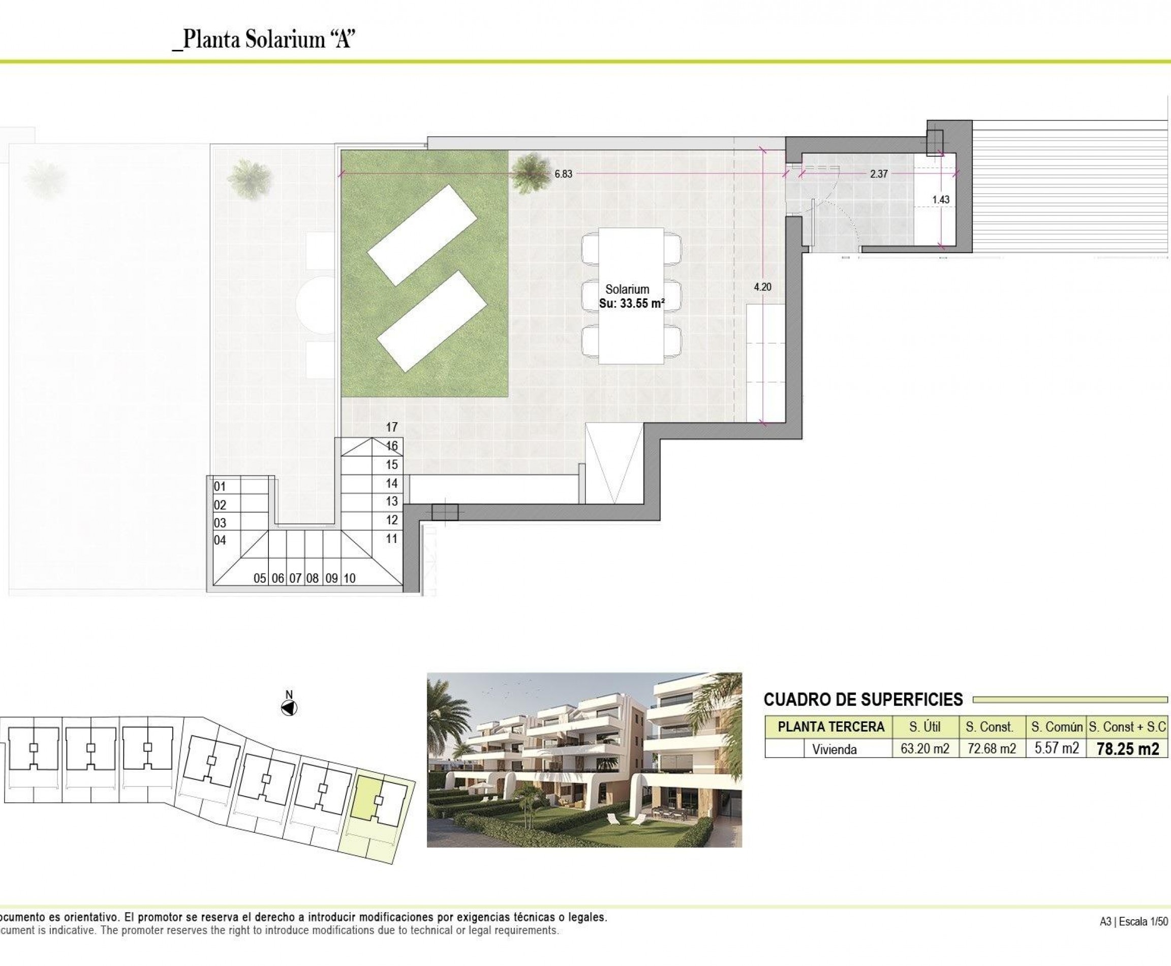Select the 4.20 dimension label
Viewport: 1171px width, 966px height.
pyautogui.click(x=762, y=287)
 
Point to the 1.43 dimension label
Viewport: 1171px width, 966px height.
pyautogui.click(x=941, y=199)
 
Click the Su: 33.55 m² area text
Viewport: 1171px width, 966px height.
pyautogui.click(x=632, y=304)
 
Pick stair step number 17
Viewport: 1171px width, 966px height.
pyautogui.click(x=392, y=427)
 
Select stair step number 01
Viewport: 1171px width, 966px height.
pyautogui.click(x=220, y=487)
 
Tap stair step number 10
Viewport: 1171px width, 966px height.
pyautogui.click(x=349, y=578)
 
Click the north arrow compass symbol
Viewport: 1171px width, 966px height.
pyautogui.click(x=289, y=708)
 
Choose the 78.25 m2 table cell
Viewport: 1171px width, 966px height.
pyautogui.click(x=1128, y=749)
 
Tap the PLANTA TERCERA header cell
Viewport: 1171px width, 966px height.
pyautogui.click(x=830, y=727)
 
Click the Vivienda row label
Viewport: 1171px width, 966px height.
pyautogui.click(x=834, y=749)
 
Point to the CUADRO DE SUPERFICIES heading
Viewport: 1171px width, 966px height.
pyautogui.click(x=863, y=700)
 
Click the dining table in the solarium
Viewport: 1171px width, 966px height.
pyautogui.click(x=631, y=295)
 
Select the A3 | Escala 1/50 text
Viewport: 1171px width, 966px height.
pyautogui.click(x=1133, y=937)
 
